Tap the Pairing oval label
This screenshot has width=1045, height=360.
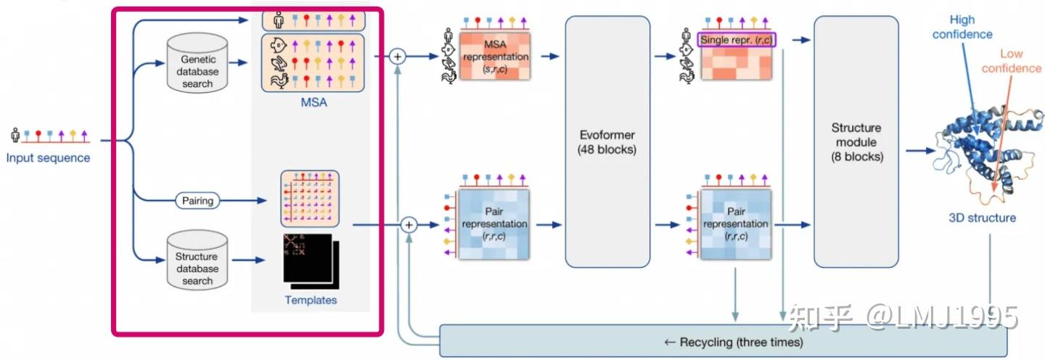tap(197, 200)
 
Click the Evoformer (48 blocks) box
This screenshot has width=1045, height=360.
tap(607, 142)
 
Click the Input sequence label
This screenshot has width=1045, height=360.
tap(49, 157)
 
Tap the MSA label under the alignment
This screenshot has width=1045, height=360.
tap(313, 102)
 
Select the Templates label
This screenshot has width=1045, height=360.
tap(311, 300)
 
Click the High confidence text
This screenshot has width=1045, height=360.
tap(962, 28)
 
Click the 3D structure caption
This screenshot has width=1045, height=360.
tap(982, 218)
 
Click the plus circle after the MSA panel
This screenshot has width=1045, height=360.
tap(396, 56)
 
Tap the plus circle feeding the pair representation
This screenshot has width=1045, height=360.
tap(409, 226)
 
